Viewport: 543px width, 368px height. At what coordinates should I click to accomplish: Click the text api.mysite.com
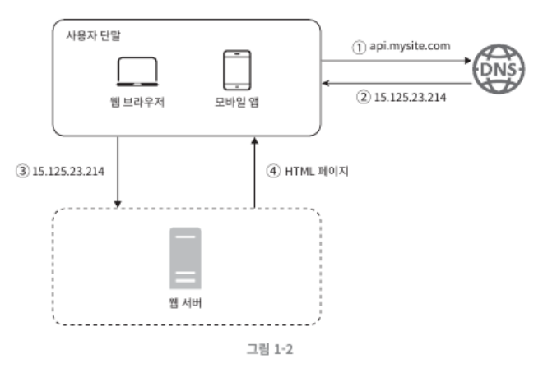(411, 47)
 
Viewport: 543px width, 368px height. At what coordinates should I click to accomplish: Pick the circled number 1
(358, 48)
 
